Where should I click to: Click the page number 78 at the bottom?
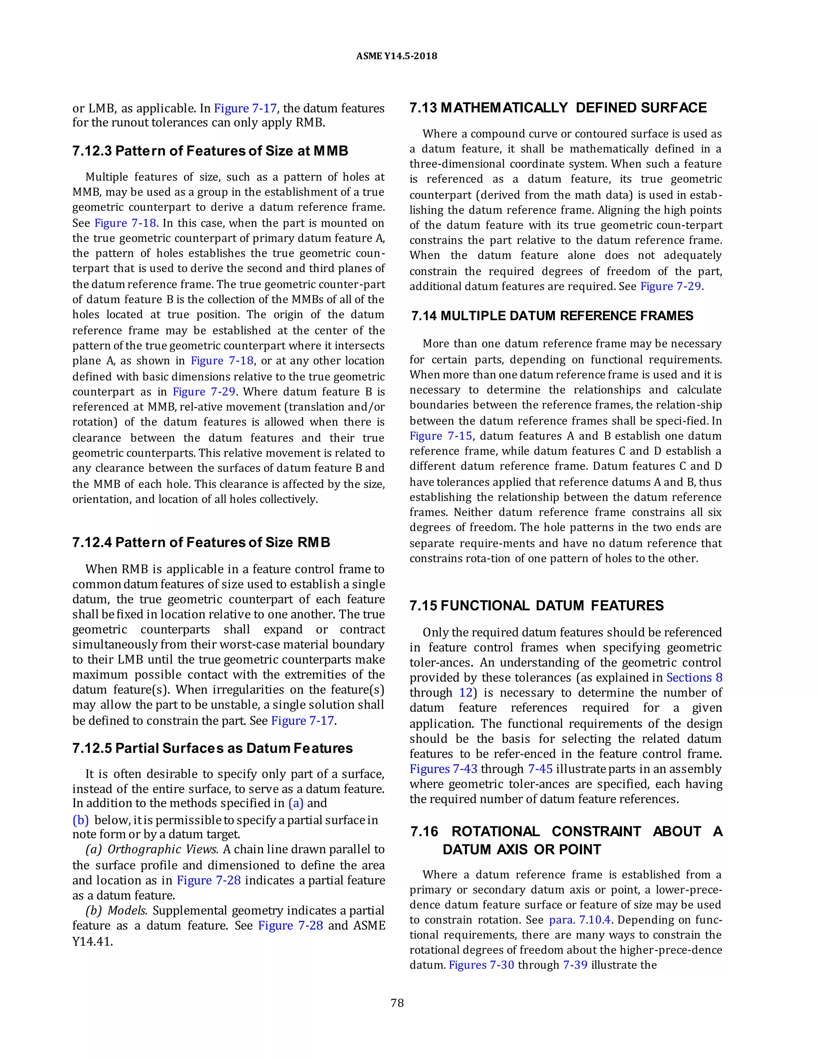click(397, 1003)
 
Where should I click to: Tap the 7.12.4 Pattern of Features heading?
click(201, 542)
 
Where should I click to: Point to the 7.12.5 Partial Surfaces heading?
click(212, 748)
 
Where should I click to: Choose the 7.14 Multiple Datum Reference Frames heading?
click(552, 316)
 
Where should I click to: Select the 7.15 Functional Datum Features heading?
click(536, 605)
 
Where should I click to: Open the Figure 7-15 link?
click(441, 436)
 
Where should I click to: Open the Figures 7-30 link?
click(481, 965)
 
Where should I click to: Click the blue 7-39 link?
click(575, 965)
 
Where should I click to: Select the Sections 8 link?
click(694, 677)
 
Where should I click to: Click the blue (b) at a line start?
click(80, 820)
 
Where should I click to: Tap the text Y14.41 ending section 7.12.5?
click(92, 942)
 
